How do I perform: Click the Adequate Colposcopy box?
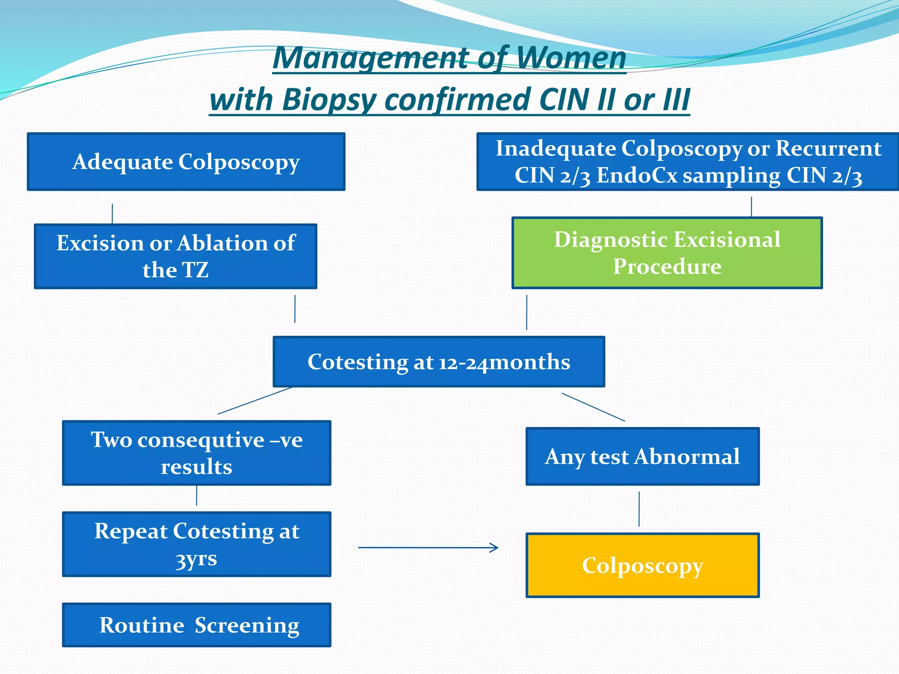[x=186, y=161]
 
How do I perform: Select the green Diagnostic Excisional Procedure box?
[x=667, y=253]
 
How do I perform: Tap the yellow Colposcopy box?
[x=642, y=565]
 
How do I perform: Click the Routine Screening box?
[x=197, y=625]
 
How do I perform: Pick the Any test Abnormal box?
[x=642, y=456]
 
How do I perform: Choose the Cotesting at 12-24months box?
[x=439, y=362]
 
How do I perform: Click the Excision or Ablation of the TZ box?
[x=176, y=256]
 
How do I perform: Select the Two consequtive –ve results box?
[x=197, y=453]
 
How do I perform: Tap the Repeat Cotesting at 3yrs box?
[x=197, y=544]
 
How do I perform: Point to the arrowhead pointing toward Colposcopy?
[x=495, y=548]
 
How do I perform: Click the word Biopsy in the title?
[x=329, y=100]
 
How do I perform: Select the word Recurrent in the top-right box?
[x=828, y=148]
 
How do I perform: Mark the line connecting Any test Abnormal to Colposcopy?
[x=639, y=509]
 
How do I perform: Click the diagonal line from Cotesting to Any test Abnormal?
[x=593, y=407]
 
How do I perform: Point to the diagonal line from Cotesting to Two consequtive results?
[x=255, y=401]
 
